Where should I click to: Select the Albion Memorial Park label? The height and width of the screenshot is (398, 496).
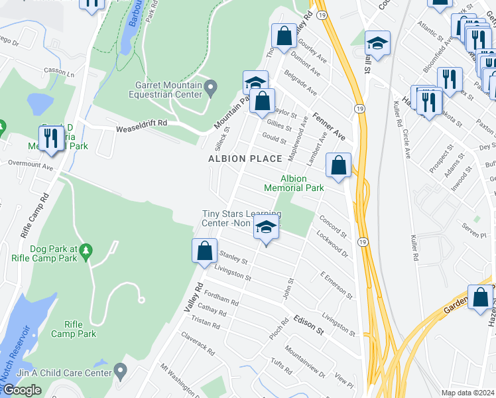(294, 183)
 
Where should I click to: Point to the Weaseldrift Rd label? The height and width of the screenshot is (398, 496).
(142, 129)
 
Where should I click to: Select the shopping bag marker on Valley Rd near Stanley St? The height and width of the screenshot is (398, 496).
(204, 251)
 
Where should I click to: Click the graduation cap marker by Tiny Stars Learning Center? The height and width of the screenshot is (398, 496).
(266, 228)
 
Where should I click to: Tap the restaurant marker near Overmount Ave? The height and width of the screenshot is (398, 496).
(49, 138)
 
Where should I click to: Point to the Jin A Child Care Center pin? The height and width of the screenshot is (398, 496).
(120, 369)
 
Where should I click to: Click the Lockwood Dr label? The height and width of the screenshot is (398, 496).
(332, 243)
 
